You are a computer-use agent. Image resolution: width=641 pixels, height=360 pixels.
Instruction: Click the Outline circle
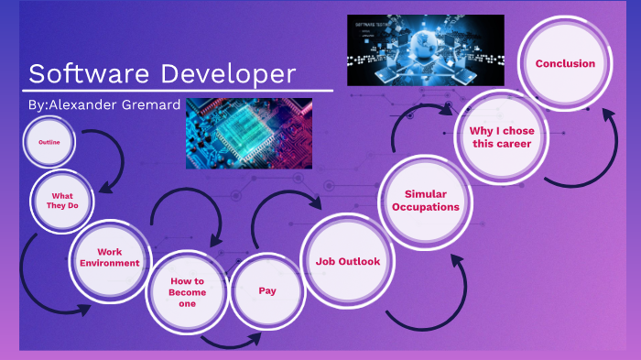point(49,143)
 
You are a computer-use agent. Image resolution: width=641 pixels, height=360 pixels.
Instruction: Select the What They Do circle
point(64,200)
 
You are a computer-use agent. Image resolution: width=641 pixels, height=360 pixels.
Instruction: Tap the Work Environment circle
point(109,257)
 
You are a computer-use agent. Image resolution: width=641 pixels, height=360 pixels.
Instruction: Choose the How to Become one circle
point(187,291)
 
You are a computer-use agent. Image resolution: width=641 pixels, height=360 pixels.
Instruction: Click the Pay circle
point(267,290)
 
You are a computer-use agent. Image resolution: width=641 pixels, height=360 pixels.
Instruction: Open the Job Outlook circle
point(347,262)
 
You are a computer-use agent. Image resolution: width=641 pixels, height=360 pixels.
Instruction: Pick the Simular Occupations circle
point(425,201)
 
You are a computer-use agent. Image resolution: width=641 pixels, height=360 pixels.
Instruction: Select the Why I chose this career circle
point(501,137)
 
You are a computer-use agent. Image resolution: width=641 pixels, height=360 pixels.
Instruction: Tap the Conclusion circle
point(565,64)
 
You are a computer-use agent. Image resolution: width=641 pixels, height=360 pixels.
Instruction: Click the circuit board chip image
point(249,134)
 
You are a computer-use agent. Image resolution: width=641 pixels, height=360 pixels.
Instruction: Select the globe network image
point(425,50)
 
